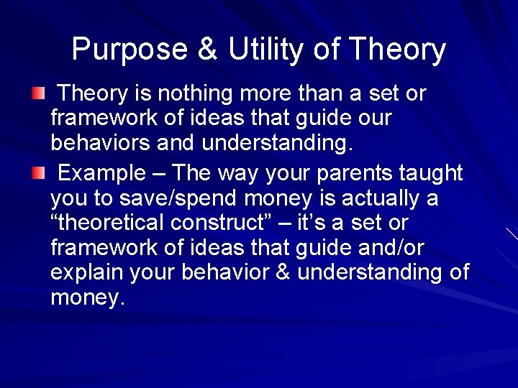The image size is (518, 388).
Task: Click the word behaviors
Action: (x=98, y=144)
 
